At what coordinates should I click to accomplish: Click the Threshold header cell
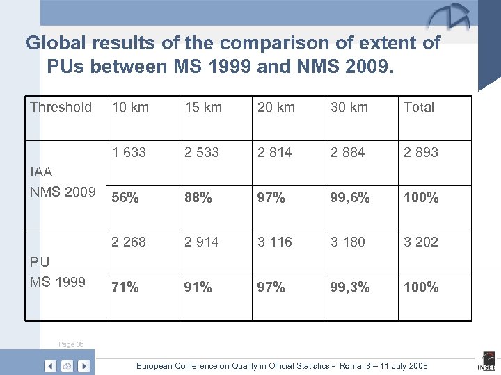pyautogui.click(x=61, y=107)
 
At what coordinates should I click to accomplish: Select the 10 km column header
pyautogui.click(x=130, y=107)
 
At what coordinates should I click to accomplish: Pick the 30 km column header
pyautogui.click(x=348, y=107)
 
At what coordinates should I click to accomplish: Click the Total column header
pyautogui.click(x=419, y=107)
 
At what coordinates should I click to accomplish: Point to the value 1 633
pyautogui.click(x=129, y=152)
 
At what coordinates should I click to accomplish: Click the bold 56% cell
pyautogui.click(x=126, y=197)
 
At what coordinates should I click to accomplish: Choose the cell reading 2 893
pyautogui.click(x=421, y=152)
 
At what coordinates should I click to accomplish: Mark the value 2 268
pyautogui.click(x=129, y=242)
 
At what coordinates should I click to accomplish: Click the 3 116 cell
pyautogui.click(x=275, y=242)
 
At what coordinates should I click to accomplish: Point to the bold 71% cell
pyautogui.click(x=126, y=287)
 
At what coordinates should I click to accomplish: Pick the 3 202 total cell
pyautogui.click(x=421, y=242)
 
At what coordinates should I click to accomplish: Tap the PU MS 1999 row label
pyautogui.click(x=57, y=272)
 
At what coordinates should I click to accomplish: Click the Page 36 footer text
pyautogui.click(x=72, y=343)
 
